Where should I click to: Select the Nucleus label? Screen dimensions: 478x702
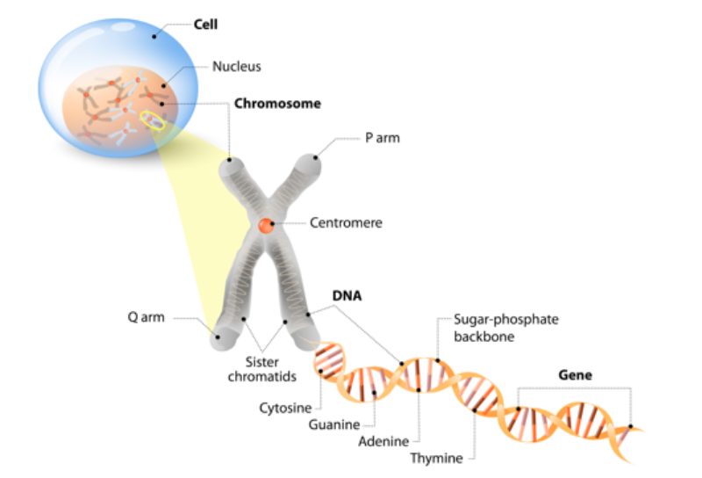(x=236, y=66)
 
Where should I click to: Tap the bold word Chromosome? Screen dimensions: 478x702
(x=277, y=104)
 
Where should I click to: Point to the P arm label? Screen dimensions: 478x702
(x=383, y=138)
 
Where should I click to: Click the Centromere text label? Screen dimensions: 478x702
(x=346, y=223)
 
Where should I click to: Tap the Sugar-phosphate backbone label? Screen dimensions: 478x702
(x=494, y=326)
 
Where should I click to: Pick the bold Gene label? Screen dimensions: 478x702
(x=576, y=374)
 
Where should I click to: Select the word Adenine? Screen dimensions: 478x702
(x=383, y=441)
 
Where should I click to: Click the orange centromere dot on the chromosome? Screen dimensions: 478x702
(x=266, y=226)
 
